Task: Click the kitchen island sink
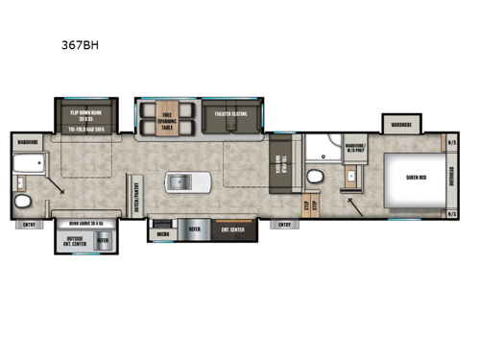click(180, 180)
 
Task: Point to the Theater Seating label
click(229, 112)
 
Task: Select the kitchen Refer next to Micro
click(193, 230)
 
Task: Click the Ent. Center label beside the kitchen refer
click(231, 230)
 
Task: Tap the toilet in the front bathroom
click(314, 177)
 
